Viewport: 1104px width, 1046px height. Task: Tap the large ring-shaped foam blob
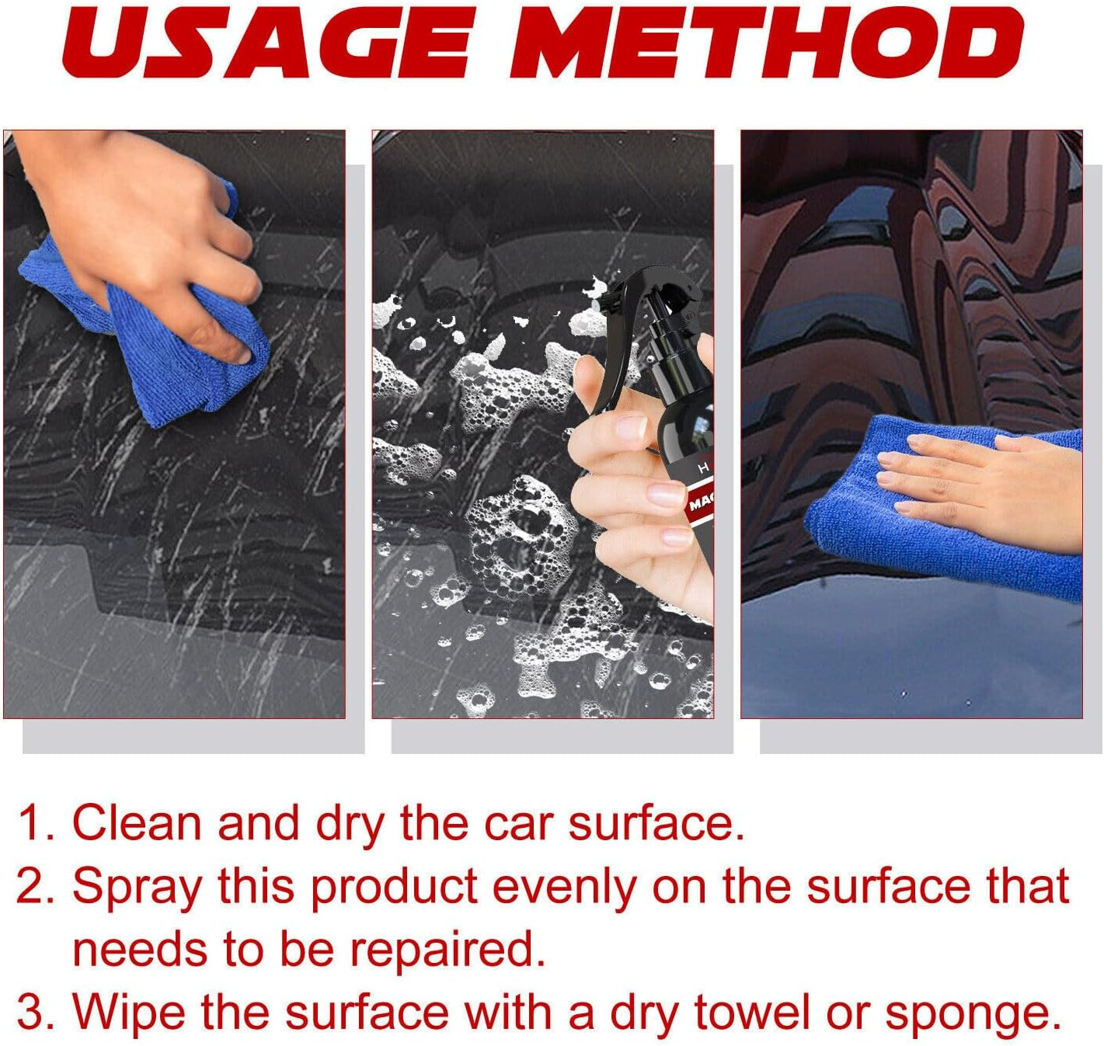[x=521, y=536]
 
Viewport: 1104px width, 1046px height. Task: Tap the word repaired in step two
[x=446, y=950]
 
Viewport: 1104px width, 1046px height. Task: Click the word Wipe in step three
[x=129, y=1013]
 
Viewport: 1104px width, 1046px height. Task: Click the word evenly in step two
[x=564, y=888]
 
